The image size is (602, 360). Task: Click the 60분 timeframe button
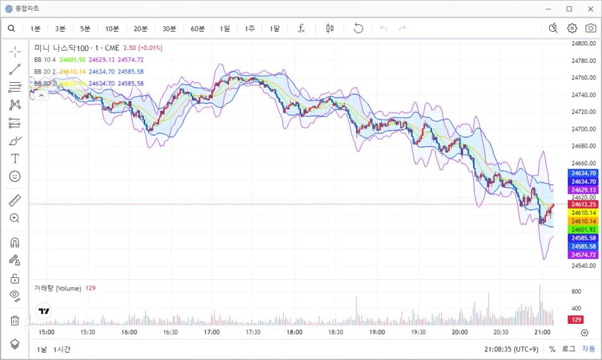[198, 29]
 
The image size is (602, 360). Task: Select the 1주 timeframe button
[249, 29]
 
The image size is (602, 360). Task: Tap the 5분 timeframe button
[85, 29]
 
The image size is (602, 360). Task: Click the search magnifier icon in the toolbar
[12, 29]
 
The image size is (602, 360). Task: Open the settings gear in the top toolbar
[572, 28]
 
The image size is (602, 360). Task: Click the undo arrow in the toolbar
[358, 28]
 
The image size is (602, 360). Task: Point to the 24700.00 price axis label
[584, 129]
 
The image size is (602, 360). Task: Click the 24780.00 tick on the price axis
[584, 60]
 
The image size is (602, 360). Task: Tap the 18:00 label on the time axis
[294, 333]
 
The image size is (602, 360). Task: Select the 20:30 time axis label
[500, 333]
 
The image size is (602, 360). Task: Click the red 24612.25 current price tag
[584, 204]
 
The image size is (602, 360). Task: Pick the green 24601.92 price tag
[584, 229]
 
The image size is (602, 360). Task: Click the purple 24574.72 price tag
[584, 255]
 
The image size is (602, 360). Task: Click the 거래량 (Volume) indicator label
[57, 288]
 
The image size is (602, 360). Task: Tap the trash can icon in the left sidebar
[15, 320]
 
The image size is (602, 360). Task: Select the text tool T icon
[15, 159]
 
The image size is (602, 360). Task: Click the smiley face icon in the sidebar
[15, 176]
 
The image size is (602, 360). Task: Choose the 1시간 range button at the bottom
[62, 349]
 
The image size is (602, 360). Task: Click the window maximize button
[569, 9]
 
